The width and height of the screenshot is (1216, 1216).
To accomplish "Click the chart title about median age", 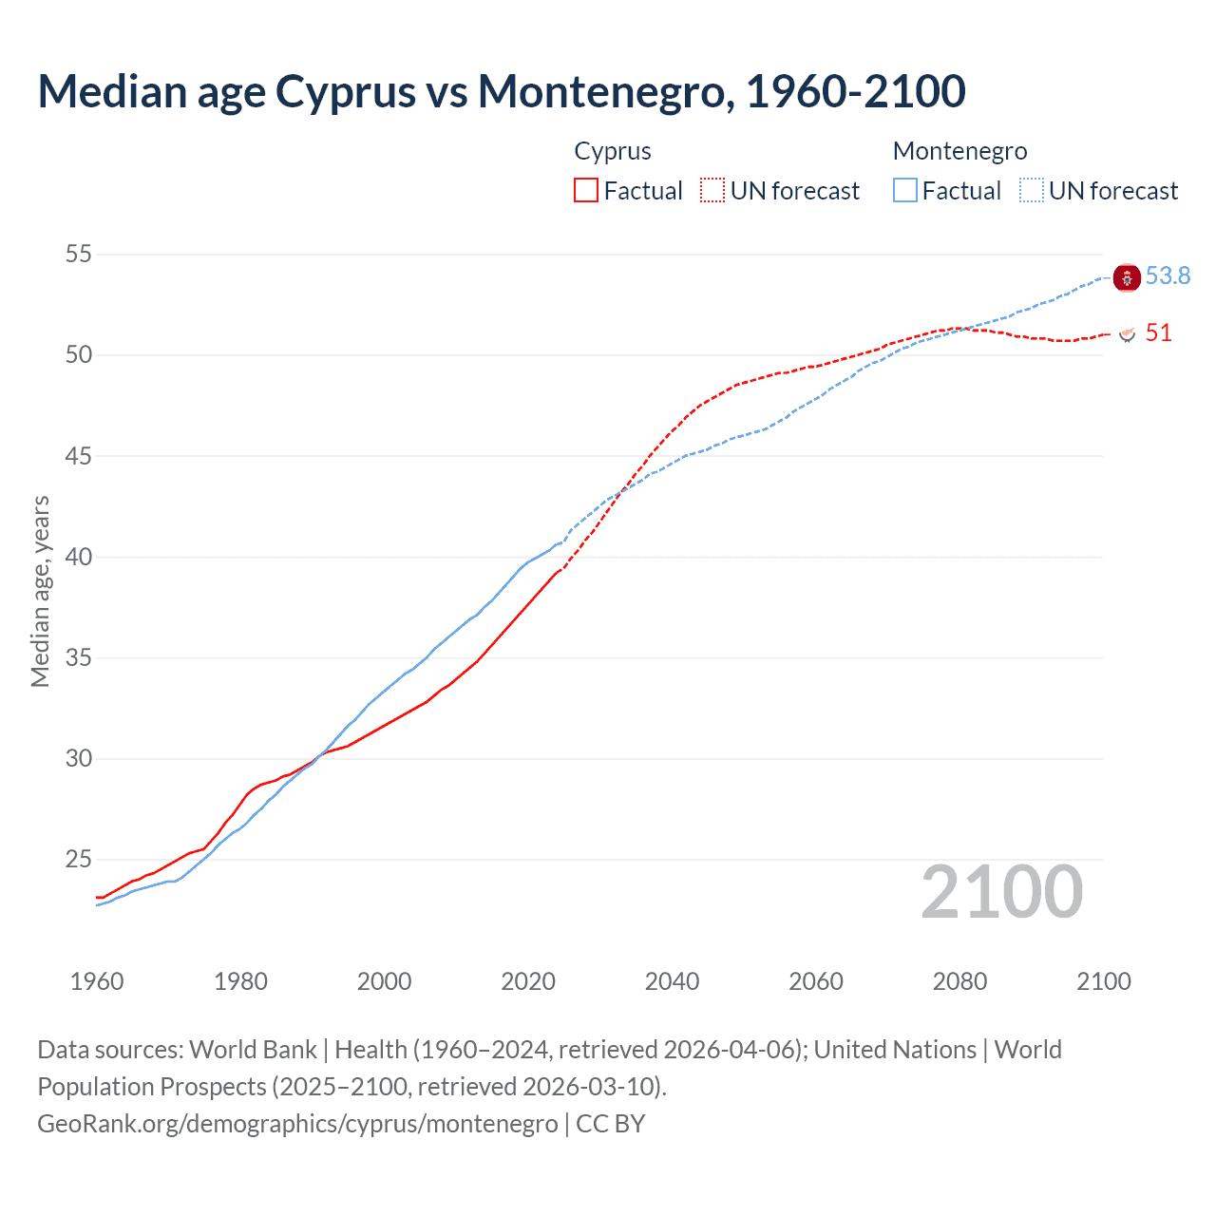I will click(502, 91).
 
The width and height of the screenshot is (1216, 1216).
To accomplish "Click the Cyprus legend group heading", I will click(613, 151).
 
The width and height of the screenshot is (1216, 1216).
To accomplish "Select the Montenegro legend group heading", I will click(959, 151).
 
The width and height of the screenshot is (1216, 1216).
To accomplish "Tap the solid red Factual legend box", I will click(586, 191).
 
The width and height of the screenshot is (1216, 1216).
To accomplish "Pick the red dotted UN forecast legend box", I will click(712, 191).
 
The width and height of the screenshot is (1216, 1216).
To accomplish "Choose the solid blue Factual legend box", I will click(905, 191).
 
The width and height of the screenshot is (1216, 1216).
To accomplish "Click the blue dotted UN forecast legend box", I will click(1031, 191).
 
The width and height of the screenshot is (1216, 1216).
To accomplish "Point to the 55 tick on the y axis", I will click(79, 254).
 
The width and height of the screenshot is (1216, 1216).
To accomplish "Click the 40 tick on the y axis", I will click(79, 557).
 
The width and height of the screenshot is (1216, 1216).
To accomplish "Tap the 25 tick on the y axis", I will click(79, 860).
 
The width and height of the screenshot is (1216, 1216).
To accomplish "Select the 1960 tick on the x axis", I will click(97, 981).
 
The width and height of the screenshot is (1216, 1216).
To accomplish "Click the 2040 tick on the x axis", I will click(672, 981).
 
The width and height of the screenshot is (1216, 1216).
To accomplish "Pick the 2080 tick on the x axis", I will click(959, 981).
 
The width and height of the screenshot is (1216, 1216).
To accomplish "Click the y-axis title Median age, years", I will click(40, 591).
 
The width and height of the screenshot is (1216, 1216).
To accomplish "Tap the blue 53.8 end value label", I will click(1168, 275).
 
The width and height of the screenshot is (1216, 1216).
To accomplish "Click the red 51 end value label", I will click(1158, 332).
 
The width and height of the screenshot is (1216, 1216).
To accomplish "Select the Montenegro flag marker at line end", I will click(1127, 278).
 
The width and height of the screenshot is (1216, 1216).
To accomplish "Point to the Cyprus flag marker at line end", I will click(1128, 334).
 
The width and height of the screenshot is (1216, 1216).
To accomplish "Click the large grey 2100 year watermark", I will click(1001, 891).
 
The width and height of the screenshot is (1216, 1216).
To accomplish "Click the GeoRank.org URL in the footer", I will click(297, 1123).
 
